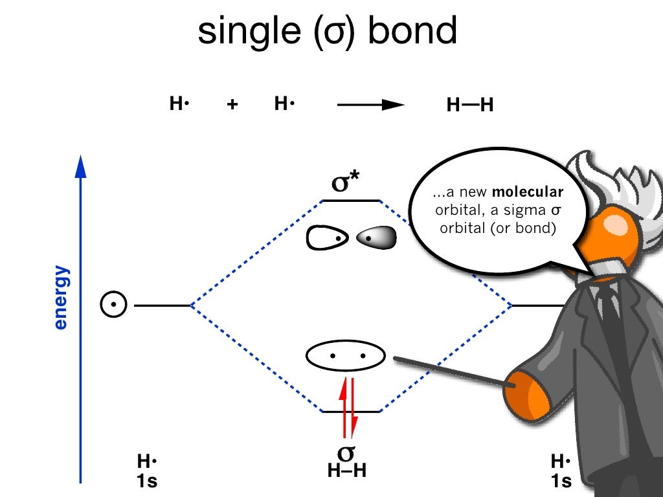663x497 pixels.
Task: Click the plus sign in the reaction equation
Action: point(232,105)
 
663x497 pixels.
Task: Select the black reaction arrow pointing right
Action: point(372,105)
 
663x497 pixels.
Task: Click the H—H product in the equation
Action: point(470,105)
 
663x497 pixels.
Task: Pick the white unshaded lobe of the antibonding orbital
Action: point(328,238)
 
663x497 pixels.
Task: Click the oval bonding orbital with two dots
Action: point(346,355)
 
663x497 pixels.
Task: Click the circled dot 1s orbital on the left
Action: point(113,304)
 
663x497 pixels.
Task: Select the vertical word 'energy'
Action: point(60,298)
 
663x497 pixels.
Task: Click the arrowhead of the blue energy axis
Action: point(80,166)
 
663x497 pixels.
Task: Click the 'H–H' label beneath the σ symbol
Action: point(347,470)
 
